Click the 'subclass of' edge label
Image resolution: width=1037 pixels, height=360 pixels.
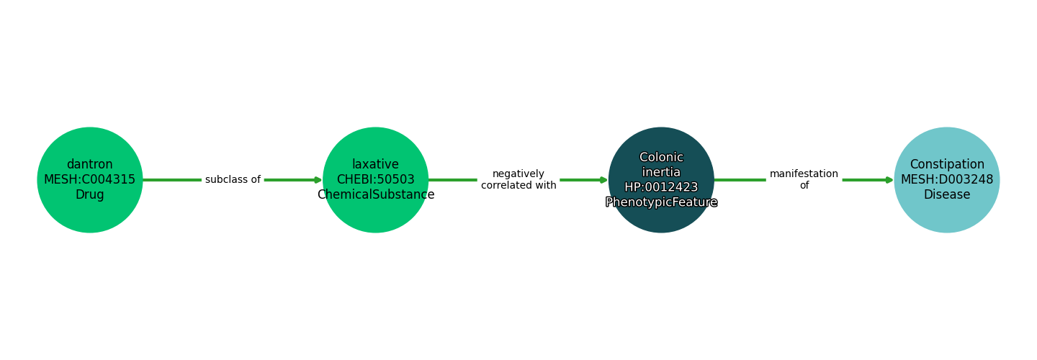(233, 180)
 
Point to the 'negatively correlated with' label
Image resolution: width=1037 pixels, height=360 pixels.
(518, 180)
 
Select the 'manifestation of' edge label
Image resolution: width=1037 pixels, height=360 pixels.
(804, 180)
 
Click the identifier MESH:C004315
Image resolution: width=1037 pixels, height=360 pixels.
(90, 180)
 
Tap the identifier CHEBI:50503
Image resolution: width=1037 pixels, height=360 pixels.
(375, 180)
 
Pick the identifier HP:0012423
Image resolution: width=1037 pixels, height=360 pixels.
(661, 187)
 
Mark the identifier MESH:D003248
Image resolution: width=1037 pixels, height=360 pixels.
(946, 180)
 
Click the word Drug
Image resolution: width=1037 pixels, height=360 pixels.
(90, 195)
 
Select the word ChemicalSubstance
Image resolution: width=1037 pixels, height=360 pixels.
(375, 195)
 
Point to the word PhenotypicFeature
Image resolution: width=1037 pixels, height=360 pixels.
(661, 202)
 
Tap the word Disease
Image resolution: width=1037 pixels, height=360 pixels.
(946, 195)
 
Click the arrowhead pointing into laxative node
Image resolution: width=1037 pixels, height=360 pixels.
(318, 180)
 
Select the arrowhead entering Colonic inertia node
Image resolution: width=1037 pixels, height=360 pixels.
(603, 180)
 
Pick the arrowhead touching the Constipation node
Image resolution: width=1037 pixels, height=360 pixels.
(889, 180)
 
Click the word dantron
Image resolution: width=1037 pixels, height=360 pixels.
(90, 165)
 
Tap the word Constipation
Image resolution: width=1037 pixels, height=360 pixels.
(946, 165)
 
